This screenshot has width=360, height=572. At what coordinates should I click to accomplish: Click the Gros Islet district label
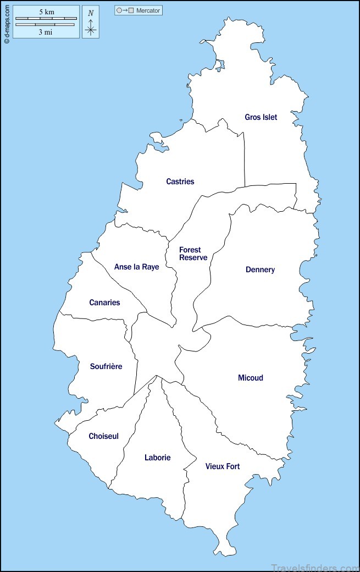[x=261, y=117]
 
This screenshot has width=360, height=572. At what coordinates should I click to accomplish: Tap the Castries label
[x=180, y=182]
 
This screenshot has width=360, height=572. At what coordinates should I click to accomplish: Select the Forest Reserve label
[x=193, y=254]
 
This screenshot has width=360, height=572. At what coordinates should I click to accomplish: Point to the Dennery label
[x=260, y=269]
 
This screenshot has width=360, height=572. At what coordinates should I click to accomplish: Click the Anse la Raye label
[x=136, y=267]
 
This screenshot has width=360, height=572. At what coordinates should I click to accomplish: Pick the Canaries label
[x=104, y=302]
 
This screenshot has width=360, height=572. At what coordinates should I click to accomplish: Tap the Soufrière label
[x=106, y=366]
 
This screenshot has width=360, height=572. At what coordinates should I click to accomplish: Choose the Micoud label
[x=250, y=378]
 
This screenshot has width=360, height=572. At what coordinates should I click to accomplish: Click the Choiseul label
[x=103, y=436]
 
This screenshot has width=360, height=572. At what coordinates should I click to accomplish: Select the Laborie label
[x=157, y=458]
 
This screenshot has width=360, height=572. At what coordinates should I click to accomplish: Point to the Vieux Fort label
[x=223, y=466]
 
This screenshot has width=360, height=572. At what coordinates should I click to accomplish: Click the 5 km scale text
[x=46, y=12]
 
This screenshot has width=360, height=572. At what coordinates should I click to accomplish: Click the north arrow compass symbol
[x=91, y=27]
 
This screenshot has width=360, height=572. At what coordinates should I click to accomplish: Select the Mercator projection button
[x=139, y=10]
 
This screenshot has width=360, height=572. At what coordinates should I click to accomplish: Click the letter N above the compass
[x=91, y=13]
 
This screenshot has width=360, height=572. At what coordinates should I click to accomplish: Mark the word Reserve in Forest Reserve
[x=193, y=257]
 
